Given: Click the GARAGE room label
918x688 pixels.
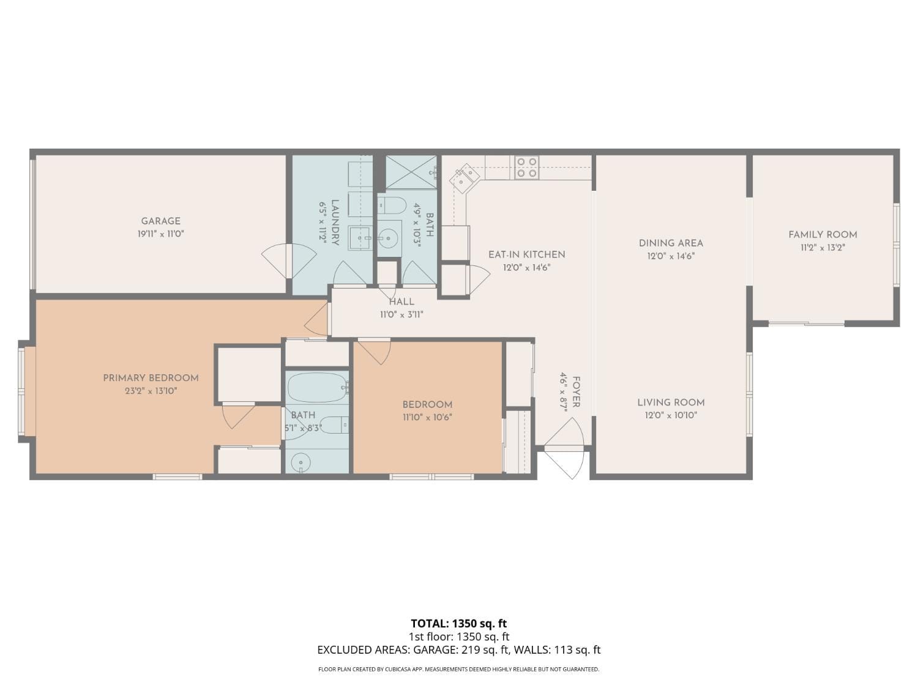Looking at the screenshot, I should click(x=160, y=221).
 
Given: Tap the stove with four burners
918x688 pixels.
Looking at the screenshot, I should click(x=526, y=168).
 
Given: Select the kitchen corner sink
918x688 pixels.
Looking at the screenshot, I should click(x=465, y=178).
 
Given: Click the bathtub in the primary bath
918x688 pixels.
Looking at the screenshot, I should click(x=317, y=387).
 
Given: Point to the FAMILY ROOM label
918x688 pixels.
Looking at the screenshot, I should click(x=823, y=234).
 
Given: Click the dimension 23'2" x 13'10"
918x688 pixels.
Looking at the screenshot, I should click(x=151, y=391).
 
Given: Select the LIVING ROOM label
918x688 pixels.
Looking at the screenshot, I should click(x=671, y=402).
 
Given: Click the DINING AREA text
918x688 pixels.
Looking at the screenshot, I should click(x=671, y=243).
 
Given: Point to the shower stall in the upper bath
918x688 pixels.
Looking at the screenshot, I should click(x=411, y=172).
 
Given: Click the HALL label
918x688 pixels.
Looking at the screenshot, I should click(x=401, y=301).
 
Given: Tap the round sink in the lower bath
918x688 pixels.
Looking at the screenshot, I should click(x=300, y=462).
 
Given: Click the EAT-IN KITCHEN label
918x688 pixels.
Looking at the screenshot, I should click(x=526, y=254).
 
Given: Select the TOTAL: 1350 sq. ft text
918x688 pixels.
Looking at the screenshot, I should click(x=458, y=624).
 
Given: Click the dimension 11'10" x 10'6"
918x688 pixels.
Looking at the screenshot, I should click(x=427, y=418).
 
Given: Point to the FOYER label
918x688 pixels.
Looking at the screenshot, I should click(x=576, y=392).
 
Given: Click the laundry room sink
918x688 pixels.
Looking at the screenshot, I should click(x=360, y=237).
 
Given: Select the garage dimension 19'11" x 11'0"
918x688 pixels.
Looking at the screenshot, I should click(x=160, y=234).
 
